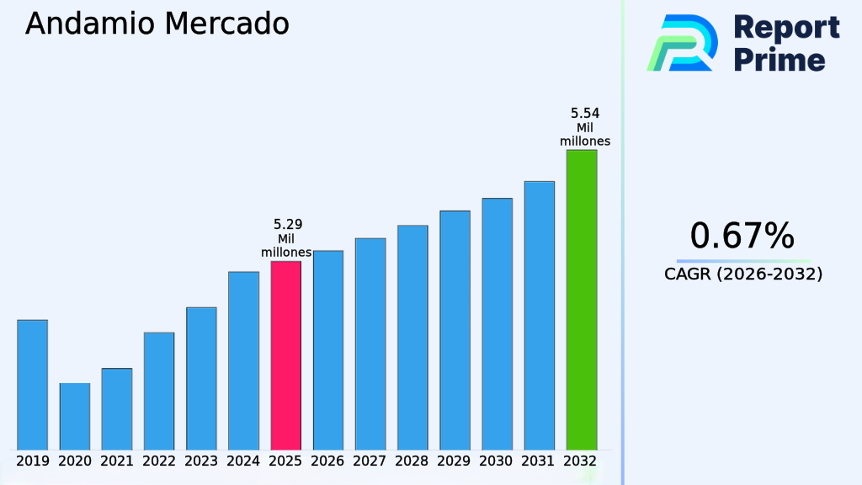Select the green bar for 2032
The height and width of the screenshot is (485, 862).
click(x=581, y=300)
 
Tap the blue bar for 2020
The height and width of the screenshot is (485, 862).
click(x=74, y=416)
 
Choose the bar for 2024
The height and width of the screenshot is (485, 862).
click(x=243, y=360)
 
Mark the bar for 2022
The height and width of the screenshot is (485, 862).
click(x=159, y=391)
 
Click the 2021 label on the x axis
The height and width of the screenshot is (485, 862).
click(x=117, y=461)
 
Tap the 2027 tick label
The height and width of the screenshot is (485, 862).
click(x=370, y=461)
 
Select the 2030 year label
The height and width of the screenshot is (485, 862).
click(x=497, y=461)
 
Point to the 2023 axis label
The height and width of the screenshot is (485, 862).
click(x=201, y=461)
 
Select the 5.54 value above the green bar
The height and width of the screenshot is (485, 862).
click(x=585, y=113)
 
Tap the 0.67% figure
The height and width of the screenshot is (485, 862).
click(x=742, y=236)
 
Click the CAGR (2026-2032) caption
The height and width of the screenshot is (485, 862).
click(x=743, y=274)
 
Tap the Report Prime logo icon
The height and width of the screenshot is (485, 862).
click(x=682, y=43)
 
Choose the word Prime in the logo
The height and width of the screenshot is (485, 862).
click(x=780, y=60)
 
